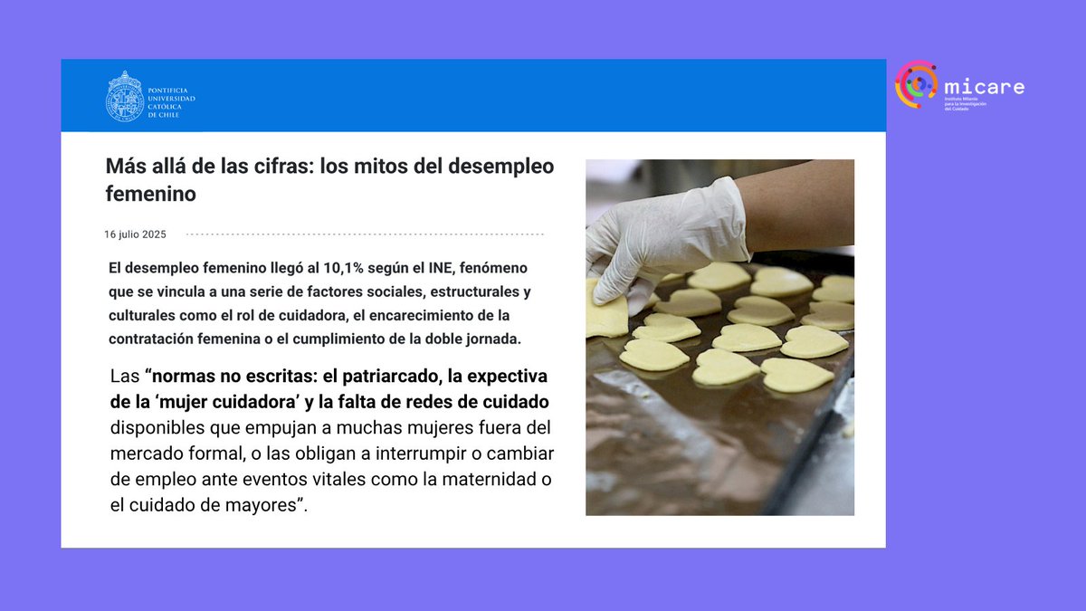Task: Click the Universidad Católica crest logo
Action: [125, 96]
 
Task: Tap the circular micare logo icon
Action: [916, 84]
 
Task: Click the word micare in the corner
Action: [984, 87]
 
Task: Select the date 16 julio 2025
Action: [135, 234]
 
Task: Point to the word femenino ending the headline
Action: [151, 194]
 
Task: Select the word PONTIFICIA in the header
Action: [170, 89]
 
